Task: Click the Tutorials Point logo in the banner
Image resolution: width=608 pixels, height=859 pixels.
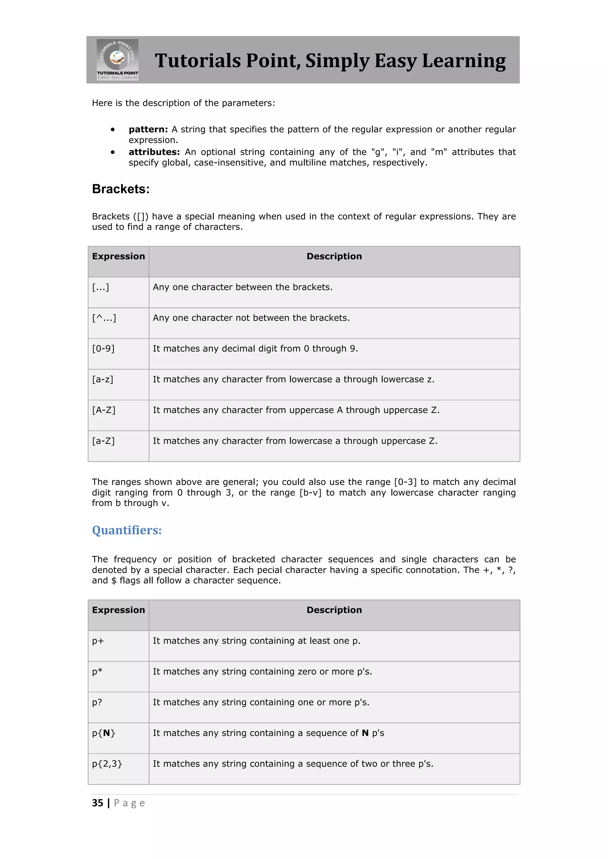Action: point(118,60)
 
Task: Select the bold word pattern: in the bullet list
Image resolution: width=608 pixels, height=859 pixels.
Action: point(148,129)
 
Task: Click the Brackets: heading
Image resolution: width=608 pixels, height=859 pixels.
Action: point(121,189)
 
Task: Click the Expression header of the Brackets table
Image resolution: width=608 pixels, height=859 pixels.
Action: point(118,257)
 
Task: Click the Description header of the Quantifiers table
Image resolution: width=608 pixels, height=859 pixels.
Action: point(334,610)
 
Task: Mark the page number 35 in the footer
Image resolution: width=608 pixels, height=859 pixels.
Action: point(98,803)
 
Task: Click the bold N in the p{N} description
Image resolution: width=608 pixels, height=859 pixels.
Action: point(365,733)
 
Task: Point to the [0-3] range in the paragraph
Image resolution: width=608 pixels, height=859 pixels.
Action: point(405,482)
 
